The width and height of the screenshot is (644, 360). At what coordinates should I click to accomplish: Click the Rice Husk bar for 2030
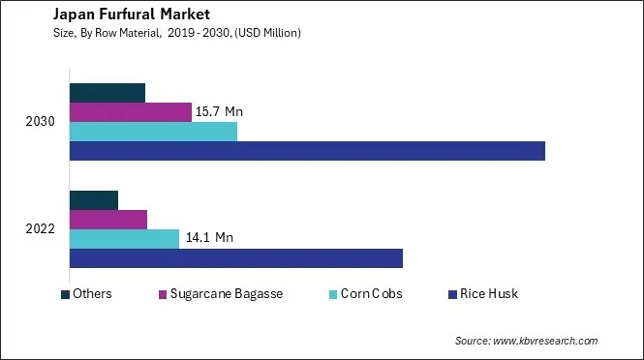coord(307,151)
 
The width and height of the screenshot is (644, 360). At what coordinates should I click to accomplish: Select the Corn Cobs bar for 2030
coord(153,132)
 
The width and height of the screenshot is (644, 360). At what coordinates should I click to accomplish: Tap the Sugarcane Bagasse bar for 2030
coord(131,112)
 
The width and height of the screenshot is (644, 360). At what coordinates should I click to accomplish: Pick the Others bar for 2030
coord(107,93)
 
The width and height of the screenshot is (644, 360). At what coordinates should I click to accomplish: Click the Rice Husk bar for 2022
coord(235,258)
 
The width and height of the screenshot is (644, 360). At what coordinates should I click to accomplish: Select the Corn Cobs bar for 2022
coord(124,239)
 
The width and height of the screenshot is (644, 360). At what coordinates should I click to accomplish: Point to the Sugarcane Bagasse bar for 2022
coord(108,220)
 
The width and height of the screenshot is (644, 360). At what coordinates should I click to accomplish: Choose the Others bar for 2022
coord(94,200)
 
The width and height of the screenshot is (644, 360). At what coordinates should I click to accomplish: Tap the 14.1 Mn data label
coord(210,237)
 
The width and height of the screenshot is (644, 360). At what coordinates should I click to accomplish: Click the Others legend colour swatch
coord(65,294)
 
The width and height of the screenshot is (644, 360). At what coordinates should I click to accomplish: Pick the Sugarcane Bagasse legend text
coord(227,294)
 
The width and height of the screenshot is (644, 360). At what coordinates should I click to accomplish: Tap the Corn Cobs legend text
coord(372,294)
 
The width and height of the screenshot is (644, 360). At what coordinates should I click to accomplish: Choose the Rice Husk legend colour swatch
coord(452,294)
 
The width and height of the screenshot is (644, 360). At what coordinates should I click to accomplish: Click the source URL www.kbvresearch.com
coord(545,342)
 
